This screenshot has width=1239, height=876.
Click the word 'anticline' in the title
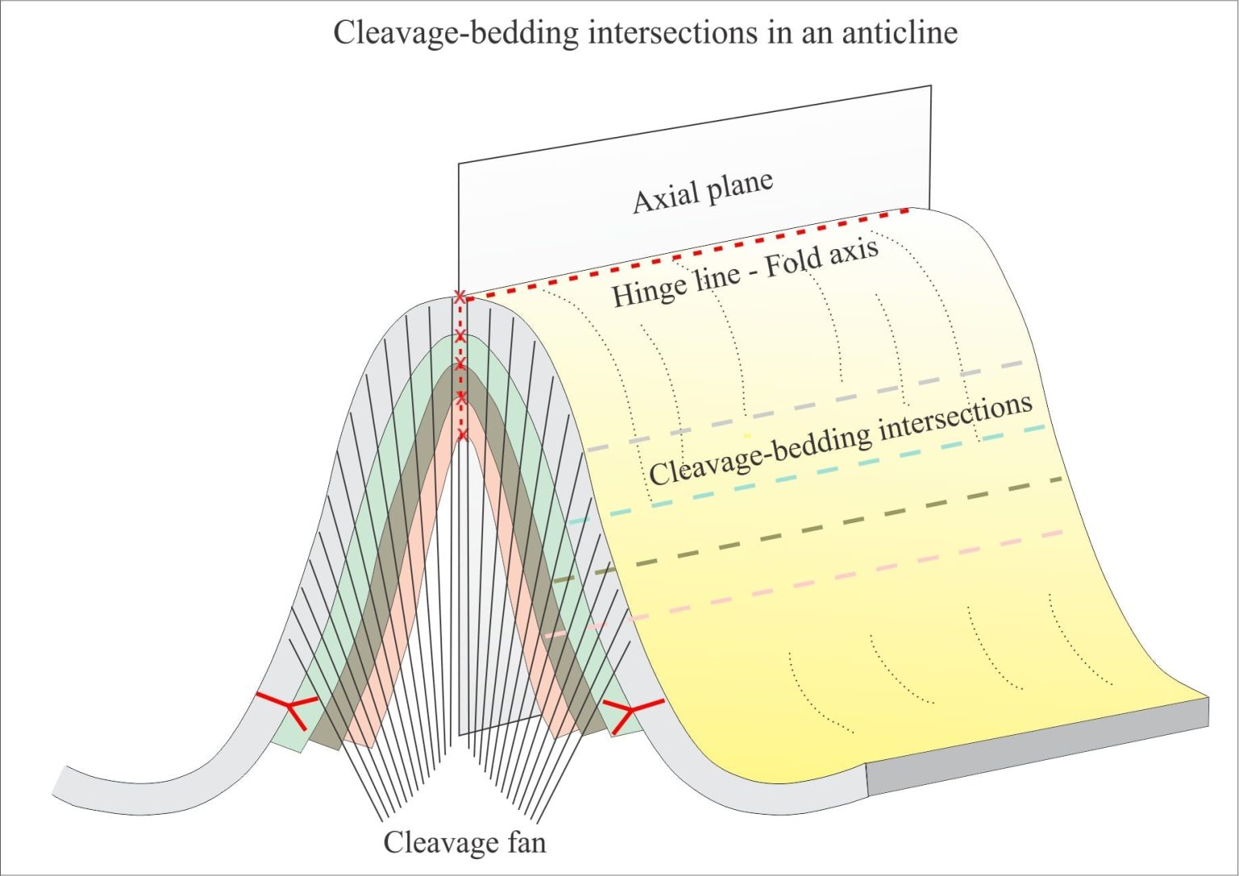tap(900, 32)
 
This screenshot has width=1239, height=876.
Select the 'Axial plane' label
tap(703, 193)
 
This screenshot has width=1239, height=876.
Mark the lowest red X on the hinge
tap(463, 435)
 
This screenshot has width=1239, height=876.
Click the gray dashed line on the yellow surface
tap(805, 405)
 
